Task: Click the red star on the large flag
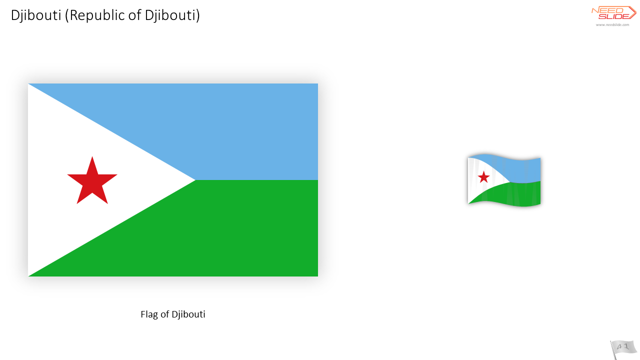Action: click(x=92, y=181)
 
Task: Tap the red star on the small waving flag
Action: click(x=483, y=177)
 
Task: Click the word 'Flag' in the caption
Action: click(x=149, y=314)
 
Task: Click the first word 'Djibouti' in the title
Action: click(x=36, y=15)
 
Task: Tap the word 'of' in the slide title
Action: click(x=134, y=15)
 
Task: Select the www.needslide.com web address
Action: click(x=612, y=25)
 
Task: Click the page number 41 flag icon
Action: click(x=623, y=348)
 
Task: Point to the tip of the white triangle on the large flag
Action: click(x=195, y=180)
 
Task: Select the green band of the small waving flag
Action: click(x=514, y=194)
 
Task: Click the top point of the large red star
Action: click(x=92, y=156)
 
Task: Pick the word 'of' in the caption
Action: click(x=164, y=314)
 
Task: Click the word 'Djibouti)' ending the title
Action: click(x=172, y=15)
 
